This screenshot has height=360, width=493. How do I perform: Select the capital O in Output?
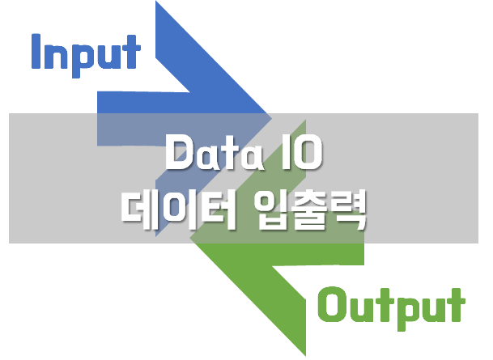(332, 306)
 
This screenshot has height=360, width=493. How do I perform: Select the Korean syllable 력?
(354, 206)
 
